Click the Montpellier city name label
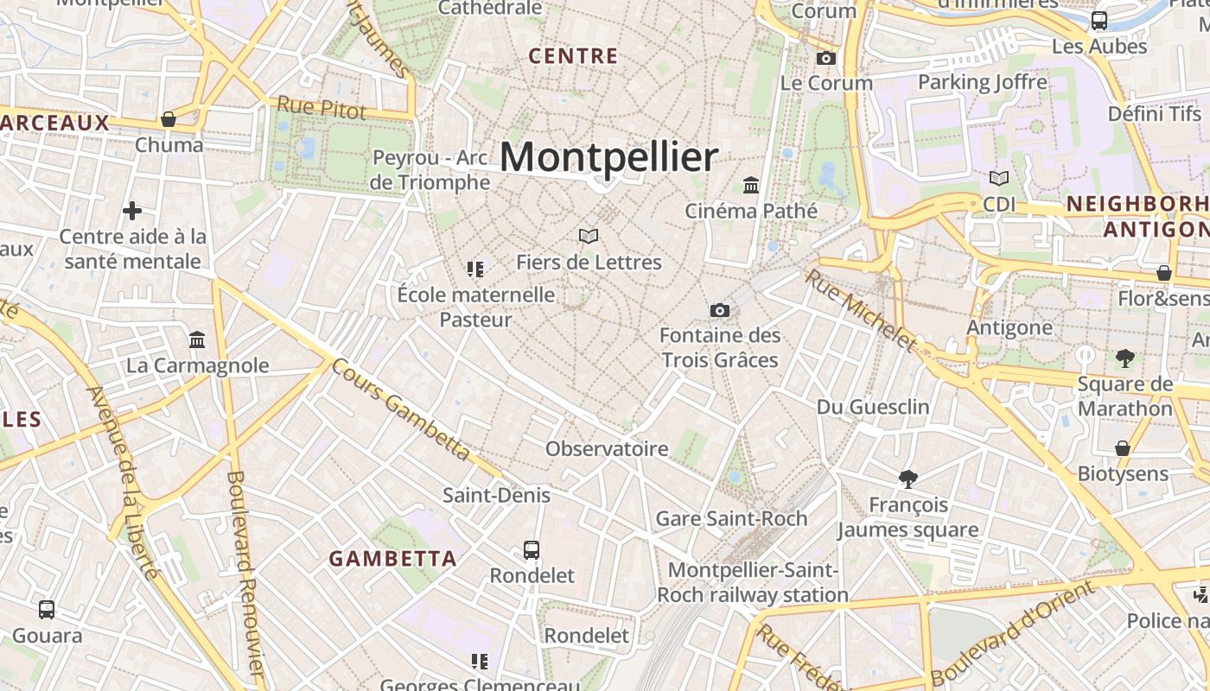(x=608, y=157)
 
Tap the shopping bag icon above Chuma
(x=169, y=119)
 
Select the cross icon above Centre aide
(x=132, y=210)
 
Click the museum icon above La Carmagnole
(x=197, y=339)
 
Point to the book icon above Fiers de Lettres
(x=589, y=236)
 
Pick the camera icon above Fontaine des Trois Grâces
(x=719, y=310)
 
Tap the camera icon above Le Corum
(x=826, y=58)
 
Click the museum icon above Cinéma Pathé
(x=751, y=185)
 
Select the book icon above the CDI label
(x=999, y=178)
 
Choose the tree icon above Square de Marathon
(x=1124, y=358)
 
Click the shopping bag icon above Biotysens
(x=1123, y=448)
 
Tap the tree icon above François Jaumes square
(x=907, y=479)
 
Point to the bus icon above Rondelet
(x=532, y=549)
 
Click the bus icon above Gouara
(x=47, y=610)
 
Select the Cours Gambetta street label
(x=401, y=410)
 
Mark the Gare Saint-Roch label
(x=731, y=518)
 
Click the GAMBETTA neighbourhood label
(x=392, y=558)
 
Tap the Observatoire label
(x=607, y=448)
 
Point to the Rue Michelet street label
(x=859, y=309)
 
